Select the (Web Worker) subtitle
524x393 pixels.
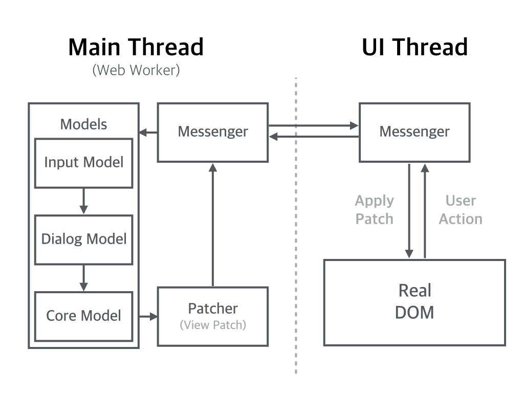click(x=136, y=70)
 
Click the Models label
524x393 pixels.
click(x=83, y=124)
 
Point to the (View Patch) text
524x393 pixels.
click(x=213, y=325)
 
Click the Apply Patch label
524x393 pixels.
click(x=374, y=210)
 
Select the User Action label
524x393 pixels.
click(x=461, y=210)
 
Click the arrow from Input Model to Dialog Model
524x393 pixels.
click(x=83, y=201)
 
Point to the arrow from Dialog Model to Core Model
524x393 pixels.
click(x=83, y=278)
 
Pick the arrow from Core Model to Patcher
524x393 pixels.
click(x=148, y=316)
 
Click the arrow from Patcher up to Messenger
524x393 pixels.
click(x=213, y=225)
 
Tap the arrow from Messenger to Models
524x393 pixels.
click(x=148, y=133)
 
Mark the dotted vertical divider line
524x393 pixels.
click(x=296, y=226)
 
